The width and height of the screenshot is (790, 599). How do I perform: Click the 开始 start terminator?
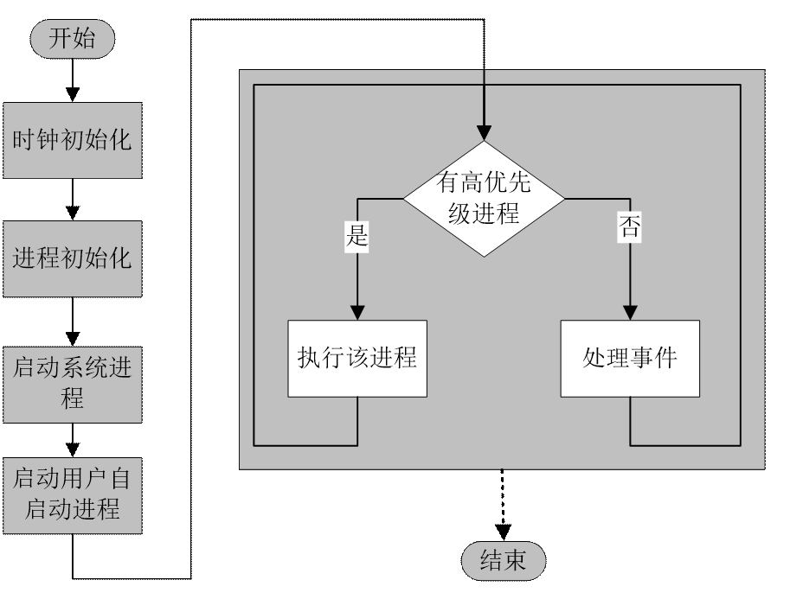coord(73,39)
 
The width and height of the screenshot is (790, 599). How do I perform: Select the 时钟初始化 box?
coord(73,140)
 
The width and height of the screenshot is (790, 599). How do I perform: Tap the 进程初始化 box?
coord(73,258)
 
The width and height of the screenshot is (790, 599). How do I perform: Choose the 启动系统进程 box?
coord(73,383)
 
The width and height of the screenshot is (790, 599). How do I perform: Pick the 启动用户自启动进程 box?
coord(73,493)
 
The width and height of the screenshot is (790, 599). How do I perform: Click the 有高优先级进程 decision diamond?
coord(485,199)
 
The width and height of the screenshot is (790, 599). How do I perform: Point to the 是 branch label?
coord(356,234)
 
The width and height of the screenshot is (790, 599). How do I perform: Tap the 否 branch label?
coord(629,227)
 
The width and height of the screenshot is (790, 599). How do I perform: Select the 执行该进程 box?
coord(356,358)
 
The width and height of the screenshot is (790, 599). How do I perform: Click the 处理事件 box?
coord(629,358)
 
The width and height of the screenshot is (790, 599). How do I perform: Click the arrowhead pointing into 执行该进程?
coord(356,313)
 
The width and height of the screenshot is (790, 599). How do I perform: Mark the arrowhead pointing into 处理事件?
coord(629,313)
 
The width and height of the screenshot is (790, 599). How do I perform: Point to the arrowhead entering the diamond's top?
coord(485,133)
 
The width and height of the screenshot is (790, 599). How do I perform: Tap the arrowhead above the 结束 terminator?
coord(503,532)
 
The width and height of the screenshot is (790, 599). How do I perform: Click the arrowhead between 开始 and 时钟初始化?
coord(74,92)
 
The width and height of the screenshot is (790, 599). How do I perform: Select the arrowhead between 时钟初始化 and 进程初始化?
coord(74,212)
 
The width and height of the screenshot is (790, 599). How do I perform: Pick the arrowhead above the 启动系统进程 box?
coord(74,337)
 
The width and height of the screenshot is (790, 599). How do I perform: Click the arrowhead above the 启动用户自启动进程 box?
coord(74,449)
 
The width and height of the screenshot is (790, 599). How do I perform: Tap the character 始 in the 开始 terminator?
coord(85,39)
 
